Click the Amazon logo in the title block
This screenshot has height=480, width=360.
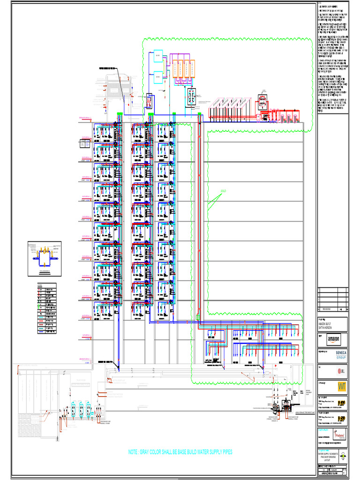click(x=333, y=338)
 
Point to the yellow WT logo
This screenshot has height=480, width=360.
click(x=341, y=386)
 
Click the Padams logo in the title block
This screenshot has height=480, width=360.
click(x=340, y=433)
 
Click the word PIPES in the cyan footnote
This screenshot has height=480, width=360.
click(x=224, y=452)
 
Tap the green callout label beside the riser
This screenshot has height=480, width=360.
click(x=223, y=191)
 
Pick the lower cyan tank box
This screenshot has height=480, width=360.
click(x=158, y=75)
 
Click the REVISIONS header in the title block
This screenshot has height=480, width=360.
click(x=326, y=309)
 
